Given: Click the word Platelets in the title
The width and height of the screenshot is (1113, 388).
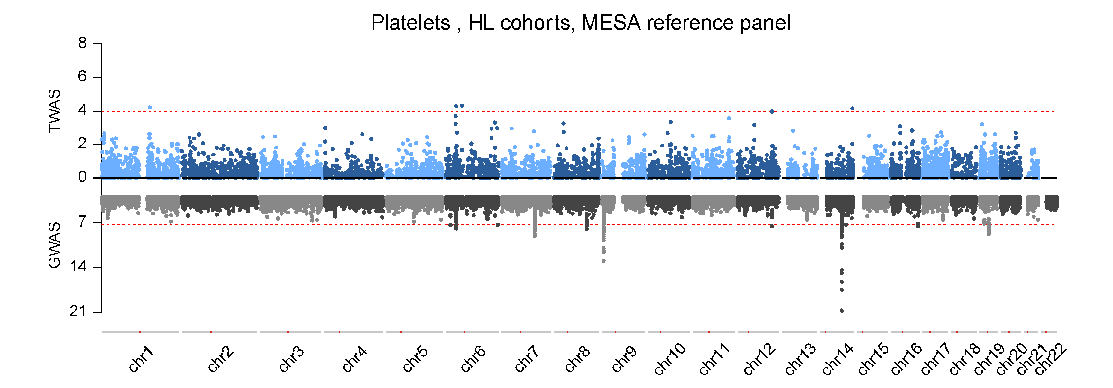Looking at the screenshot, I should tap(410, 23).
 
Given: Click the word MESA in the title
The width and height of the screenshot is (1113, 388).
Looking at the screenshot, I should tap(611, 23).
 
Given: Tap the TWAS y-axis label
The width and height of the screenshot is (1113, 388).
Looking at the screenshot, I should tap(54, 111).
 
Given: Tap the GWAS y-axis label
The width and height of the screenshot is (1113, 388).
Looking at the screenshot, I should tap(54, 245).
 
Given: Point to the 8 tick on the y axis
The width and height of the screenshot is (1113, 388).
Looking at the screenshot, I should tap(82, 43).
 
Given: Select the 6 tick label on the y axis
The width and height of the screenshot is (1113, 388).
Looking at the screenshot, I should tap(82, 77).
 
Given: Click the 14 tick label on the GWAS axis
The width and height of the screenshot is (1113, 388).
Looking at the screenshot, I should tap(78, 267).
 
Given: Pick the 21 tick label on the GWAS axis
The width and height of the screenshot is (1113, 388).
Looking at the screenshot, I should tap(78, 311).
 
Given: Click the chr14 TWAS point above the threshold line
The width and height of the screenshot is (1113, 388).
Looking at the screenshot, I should tap(852, 109).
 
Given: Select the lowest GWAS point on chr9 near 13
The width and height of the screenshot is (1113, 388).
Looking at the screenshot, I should tap(603, 261).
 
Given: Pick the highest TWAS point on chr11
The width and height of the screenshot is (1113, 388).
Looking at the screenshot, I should tap(729, 118).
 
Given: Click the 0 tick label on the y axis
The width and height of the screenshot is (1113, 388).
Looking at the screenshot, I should tap(82, 177).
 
